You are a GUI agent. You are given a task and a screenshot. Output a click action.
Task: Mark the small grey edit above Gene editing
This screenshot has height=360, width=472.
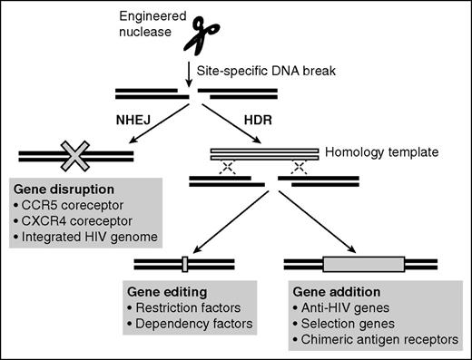(x=182, y=265)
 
